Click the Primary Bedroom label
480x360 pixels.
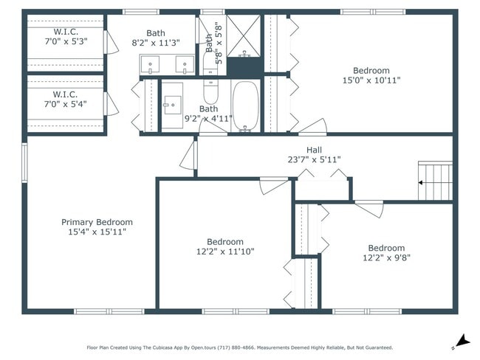click(97, 222)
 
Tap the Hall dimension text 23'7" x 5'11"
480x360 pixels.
click(315, 159)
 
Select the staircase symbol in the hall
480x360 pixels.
click(435, 181)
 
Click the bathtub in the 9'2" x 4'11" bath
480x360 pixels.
click(245, 105)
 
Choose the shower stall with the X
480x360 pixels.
click(244, 35)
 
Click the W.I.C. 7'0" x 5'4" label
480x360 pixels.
click(66, 99)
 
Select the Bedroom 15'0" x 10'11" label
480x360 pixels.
click(371, 75)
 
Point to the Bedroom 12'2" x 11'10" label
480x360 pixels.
click(224, 246)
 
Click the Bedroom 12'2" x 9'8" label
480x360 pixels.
click(386, 253)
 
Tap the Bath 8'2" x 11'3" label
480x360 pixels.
click(156, 38)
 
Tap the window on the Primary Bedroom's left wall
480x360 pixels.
click(24, 163)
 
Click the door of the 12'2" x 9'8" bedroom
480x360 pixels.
click(369, 208)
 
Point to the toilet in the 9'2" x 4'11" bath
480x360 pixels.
click(210, 91)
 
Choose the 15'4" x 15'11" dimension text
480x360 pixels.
click(97, 232)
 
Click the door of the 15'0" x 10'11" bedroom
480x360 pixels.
click(312, 127)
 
